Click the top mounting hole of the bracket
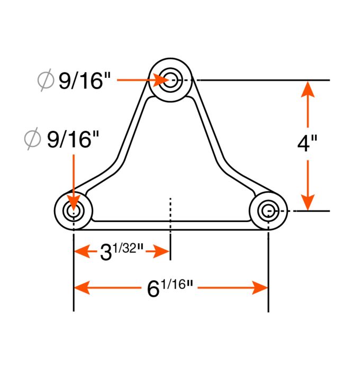(170, 81)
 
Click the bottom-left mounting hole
(73, 211)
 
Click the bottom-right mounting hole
(268, 210)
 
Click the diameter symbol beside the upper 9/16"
(46, 81)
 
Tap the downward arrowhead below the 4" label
(308, 201)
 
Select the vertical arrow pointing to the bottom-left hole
(73, 180)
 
